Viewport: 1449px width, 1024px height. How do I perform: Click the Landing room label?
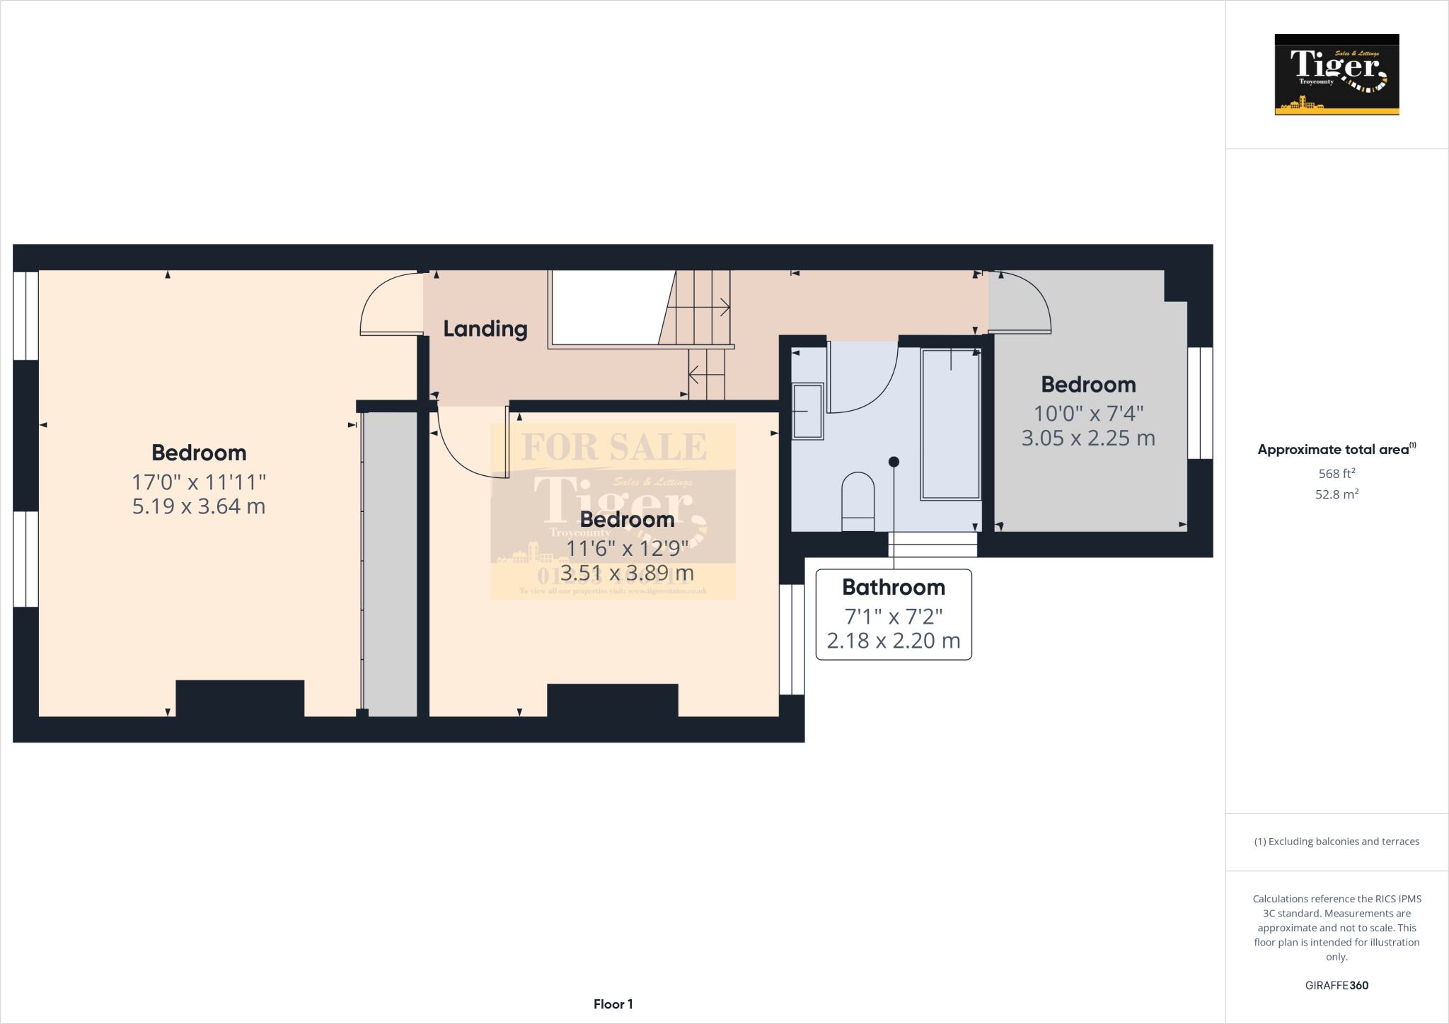point(485,329)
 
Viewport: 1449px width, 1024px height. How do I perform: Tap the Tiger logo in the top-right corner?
point(1337,74)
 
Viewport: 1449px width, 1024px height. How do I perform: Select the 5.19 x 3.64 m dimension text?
point(199,506)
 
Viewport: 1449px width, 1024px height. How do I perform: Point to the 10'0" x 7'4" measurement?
point(1088,413)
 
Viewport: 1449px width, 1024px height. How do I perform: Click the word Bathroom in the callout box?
point(894,587)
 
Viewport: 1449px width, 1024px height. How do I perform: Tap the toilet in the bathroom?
point(858,501)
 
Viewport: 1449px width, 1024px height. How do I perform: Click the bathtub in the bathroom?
point(950,424)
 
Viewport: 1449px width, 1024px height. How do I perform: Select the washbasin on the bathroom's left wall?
point(807,411)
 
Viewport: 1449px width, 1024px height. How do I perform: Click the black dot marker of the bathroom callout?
point(894,462)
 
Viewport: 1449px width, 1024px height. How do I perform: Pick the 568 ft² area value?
point(1337,473)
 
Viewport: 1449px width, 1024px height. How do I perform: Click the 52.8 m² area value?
point(1337,494)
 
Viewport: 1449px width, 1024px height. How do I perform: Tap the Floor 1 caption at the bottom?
point(613,1004)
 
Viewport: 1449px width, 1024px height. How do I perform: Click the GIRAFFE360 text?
point(1337,985)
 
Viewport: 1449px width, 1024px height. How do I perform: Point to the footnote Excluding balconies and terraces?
point(1337,842)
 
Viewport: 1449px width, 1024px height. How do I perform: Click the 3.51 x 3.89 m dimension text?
point(627,573)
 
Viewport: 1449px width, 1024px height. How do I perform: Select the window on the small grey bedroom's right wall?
point(1200,402)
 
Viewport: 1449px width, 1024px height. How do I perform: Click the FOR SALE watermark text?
point(614,447)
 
